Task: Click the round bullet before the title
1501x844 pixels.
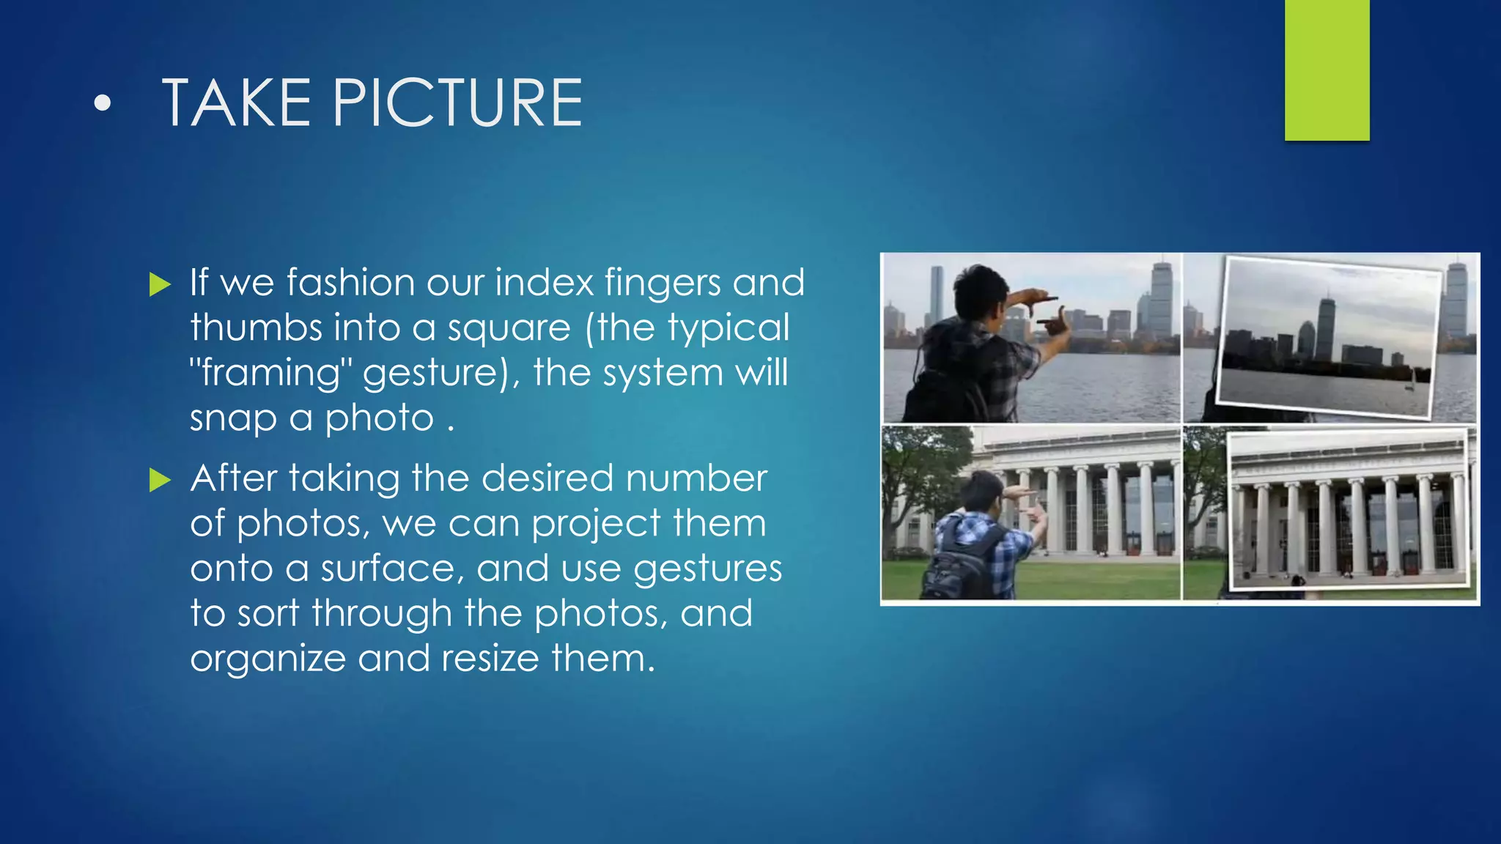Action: [103, 104]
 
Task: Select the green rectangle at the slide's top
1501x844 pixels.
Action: [1327, 70]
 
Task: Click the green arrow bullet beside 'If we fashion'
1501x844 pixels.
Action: [159, 284]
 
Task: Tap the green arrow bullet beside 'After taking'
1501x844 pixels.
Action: [159, 480]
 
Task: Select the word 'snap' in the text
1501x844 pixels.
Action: [233, 419]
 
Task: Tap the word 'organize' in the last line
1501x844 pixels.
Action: [268, 658]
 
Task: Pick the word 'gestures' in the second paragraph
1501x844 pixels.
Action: [707, 569]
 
